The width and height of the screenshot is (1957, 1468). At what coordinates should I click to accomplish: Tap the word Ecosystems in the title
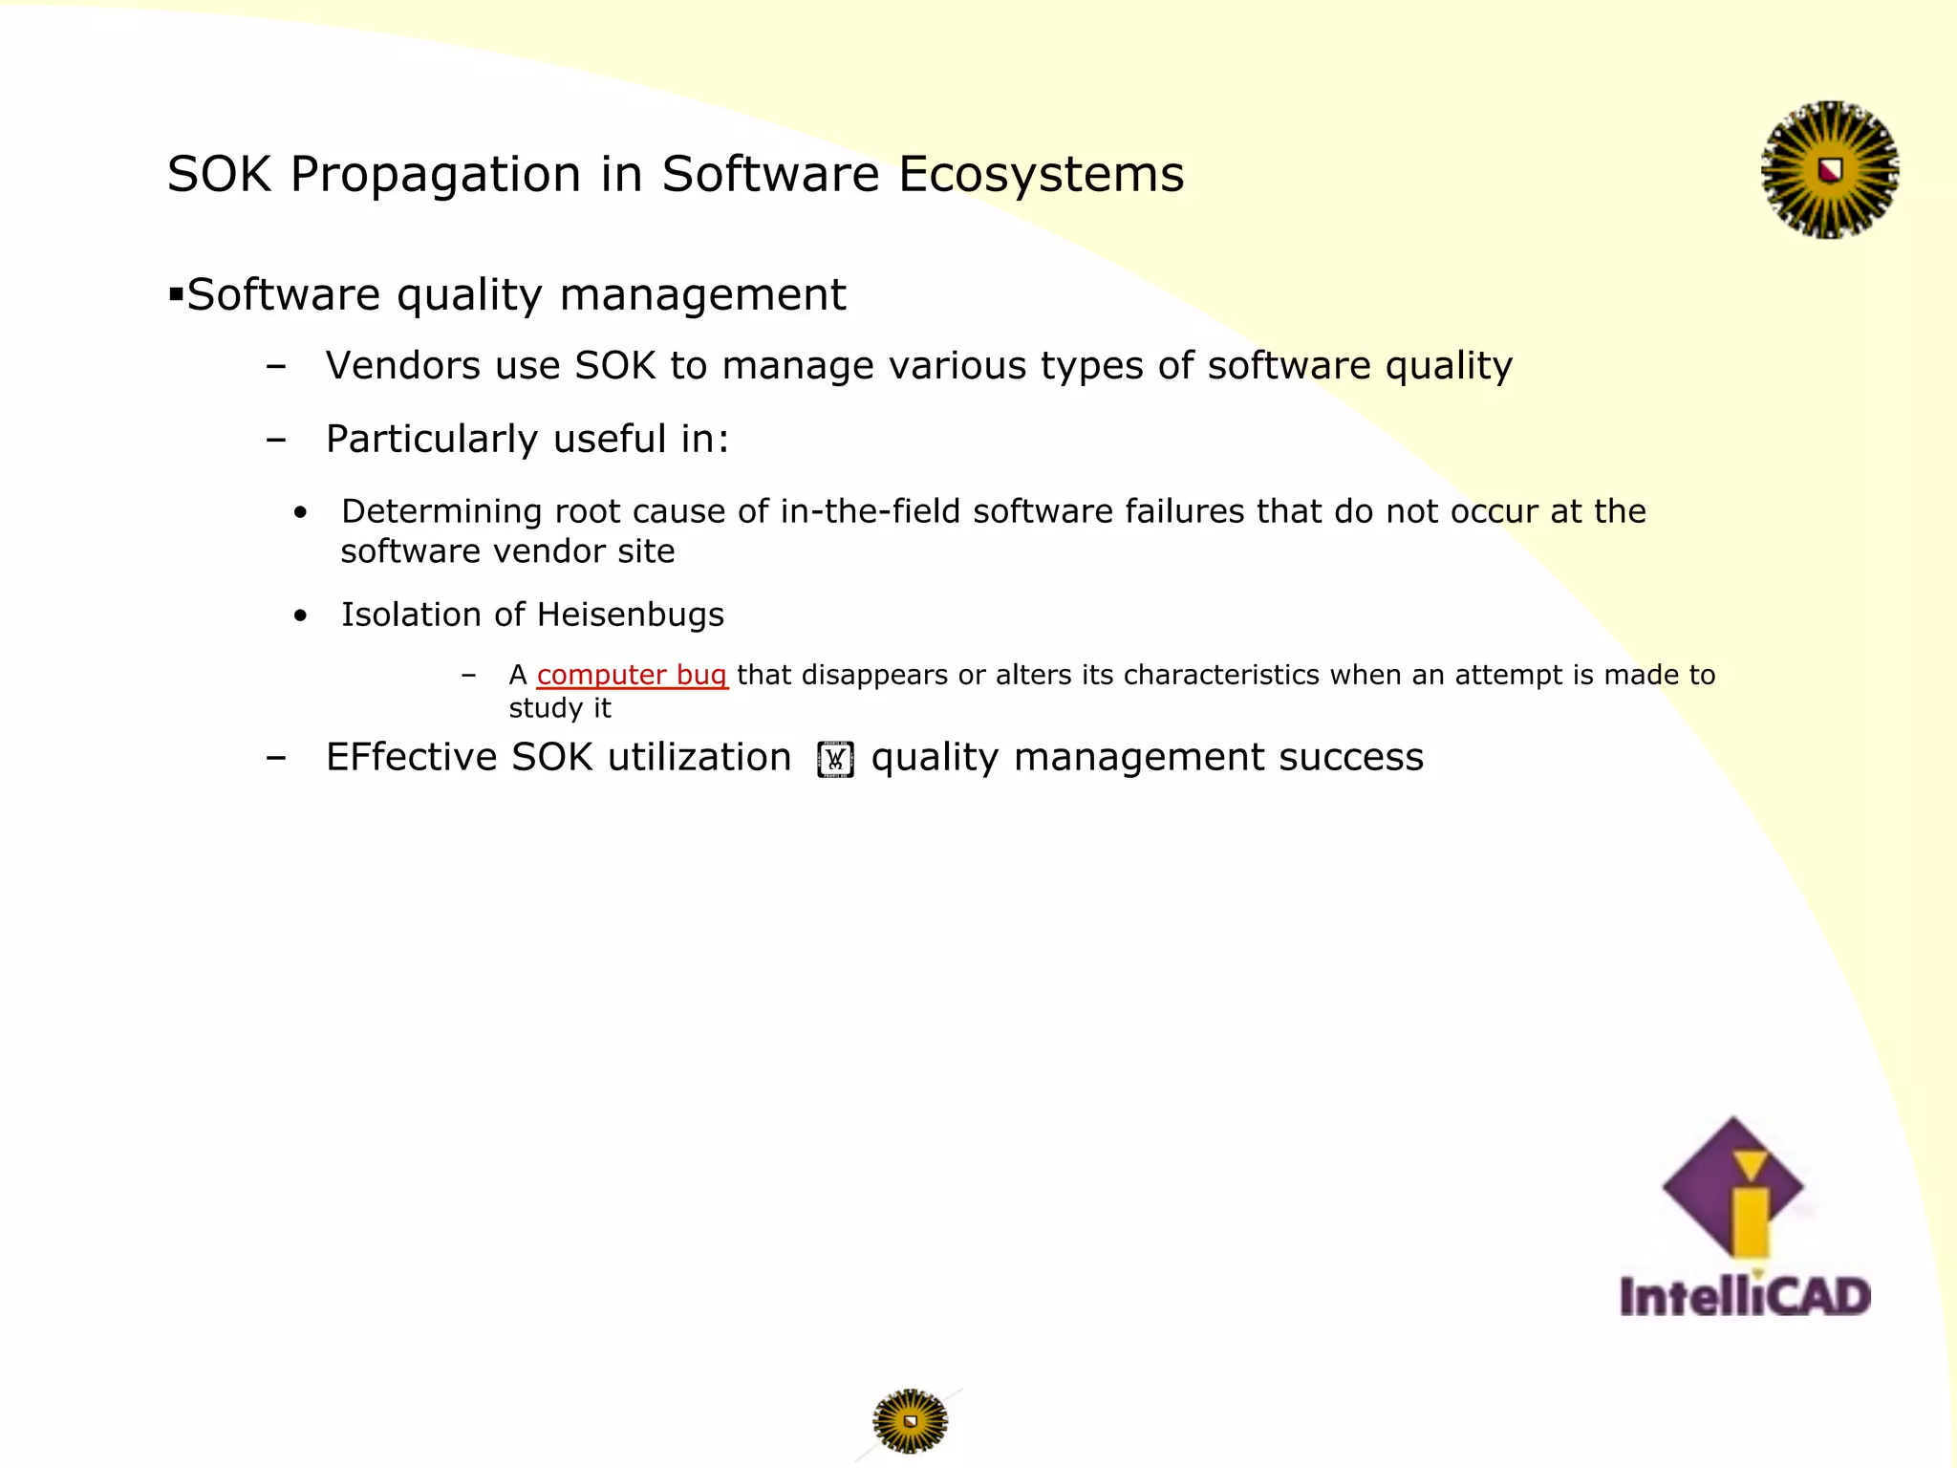pyautogui.click(x=1041, y=175)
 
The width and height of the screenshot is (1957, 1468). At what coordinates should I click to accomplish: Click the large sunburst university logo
pyautogui.click(x=1829, y=170)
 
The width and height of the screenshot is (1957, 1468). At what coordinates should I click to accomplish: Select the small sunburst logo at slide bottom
pyautogui.click(x=910, y=1421)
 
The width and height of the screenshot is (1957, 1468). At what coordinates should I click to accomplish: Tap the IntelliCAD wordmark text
pyautogui.click(x=1745, y=1297)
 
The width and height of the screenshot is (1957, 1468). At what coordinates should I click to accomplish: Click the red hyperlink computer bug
pyautogui.click(x=632, y=675)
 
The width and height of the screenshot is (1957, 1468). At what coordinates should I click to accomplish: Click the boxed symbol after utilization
pyautogui.click(x=835, y=760)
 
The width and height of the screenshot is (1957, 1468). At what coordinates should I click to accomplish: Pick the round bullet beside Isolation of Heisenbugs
pyautogui.click(x=301, y=616)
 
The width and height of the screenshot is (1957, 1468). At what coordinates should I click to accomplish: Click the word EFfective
pyautogui.click(x=411, y=757)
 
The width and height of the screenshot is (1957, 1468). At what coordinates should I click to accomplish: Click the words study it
pyautogui.click(x=559, y=708)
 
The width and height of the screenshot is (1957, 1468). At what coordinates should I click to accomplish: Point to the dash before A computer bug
pyautogui.click(x=468, y=675)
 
